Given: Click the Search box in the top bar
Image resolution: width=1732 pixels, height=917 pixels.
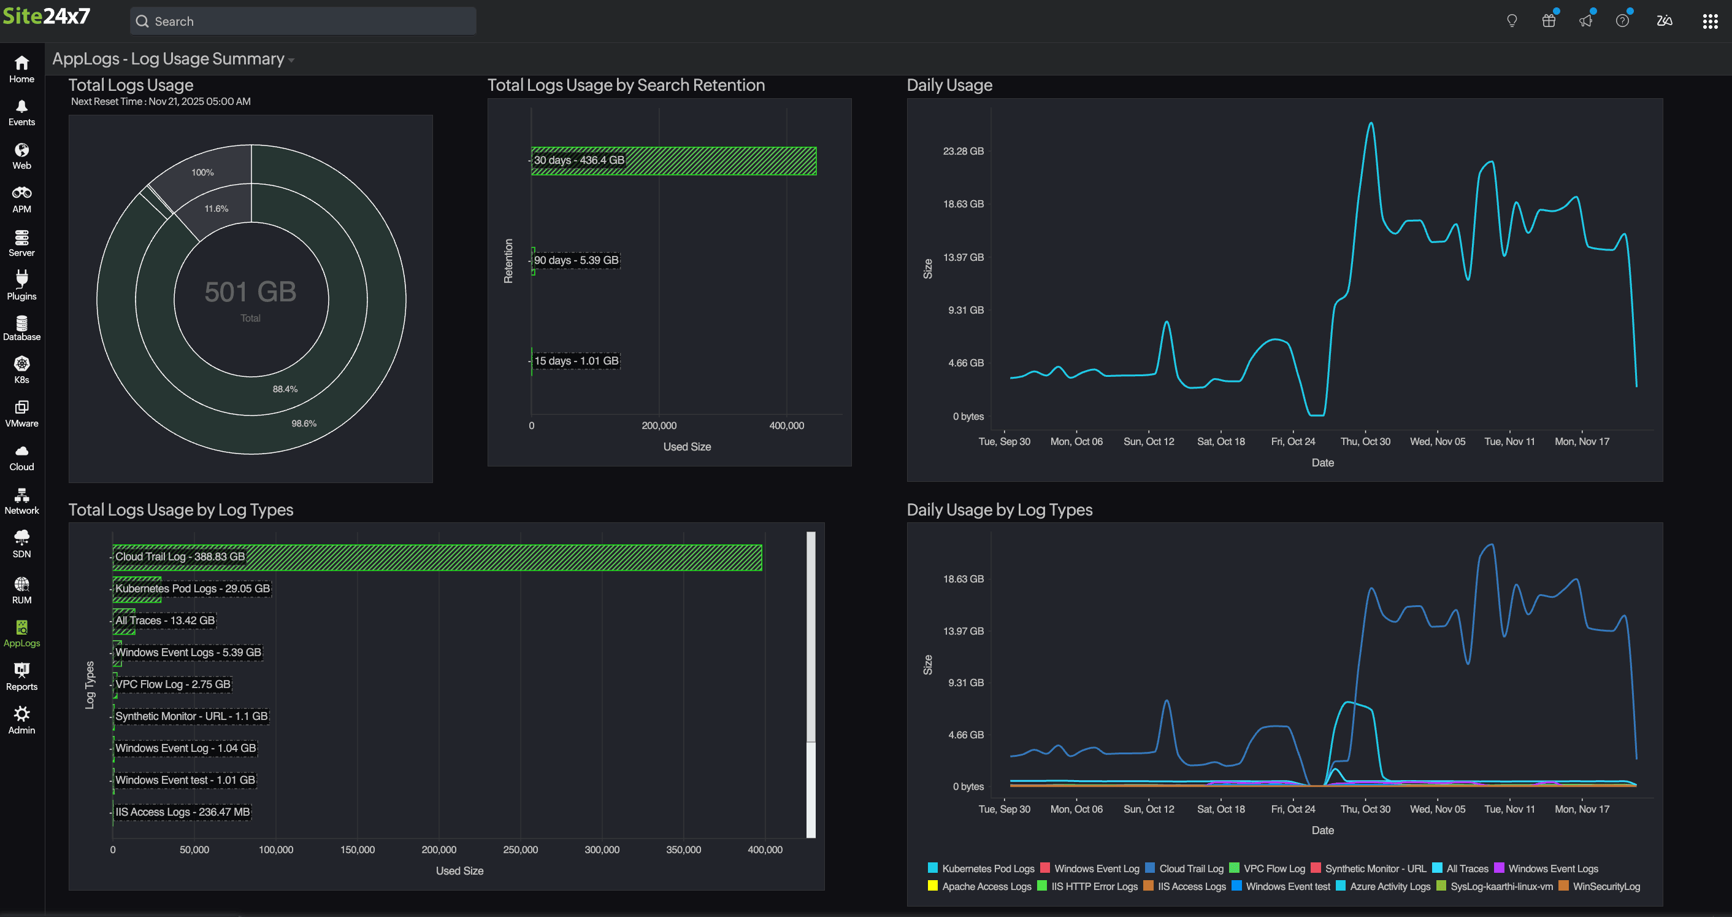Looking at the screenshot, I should point(302,21).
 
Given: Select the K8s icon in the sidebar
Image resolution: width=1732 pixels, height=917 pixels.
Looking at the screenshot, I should point(21,370).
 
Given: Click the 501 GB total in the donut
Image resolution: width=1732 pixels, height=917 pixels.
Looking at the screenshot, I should point(250,292).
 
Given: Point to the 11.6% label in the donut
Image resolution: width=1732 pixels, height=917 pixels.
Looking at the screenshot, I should point(216,209).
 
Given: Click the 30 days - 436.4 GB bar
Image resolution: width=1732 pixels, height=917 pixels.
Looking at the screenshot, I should point(673,161).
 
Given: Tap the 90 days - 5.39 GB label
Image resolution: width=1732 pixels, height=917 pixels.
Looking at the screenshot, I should point(577,260).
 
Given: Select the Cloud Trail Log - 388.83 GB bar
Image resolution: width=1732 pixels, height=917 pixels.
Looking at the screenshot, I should point(437,557).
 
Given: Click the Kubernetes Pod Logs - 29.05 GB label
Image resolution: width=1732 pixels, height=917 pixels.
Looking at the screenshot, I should point(193,589).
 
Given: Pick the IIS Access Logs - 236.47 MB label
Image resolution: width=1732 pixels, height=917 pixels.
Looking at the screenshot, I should point(182,812).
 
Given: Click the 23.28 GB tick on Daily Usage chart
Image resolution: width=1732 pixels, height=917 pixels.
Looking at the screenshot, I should point(963,152).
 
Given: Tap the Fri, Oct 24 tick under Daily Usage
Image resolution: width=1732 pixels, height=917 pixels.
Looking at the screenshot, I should point(1292,441).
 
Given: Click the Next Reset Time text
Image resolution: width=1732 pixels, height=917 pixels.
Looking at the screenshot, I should point(161,102).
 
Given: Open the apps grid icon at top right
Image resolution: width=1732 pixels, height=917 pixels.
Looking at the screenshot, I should point(1710,21).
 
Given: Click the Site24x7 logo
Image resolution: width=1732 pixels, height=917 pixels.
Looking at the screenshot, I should point(47,16).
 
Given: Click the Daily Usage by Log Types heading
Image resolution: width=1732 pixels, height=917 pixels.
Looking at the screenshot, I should point(999,509).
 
